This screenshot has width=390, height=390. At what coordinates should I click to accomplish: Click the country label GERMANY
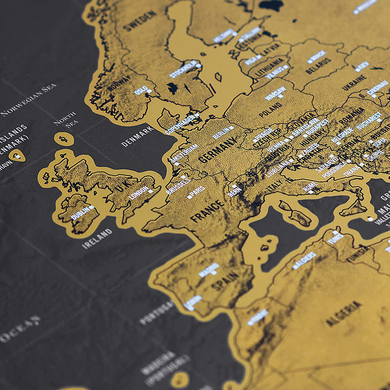[217, 150]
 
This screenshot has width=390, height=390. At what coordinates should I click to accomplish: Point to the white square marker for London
[151, 191]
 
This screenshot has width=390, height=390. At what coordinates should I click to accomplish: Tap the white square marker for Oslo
[150, 91]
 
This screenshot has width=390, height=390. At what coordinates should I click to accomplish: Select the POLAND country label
[270, 110]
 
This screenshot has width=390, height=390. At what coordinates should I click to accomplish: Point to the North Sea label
[66, 120]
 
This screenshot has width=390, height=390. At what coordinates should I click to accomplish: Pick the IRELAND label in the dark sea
[97, 239]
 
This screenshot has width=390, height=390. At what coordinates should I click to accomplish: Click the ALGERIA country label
[343, 314]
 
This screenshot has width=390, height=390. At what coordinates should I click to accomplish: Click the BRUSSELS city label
[178, 186]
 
